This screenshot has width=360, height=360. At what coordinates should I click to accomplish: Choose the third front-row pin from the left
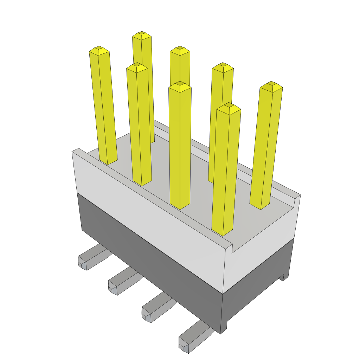180,148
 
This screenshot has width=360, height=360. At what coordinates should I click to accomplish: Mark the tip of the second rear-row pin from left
180,50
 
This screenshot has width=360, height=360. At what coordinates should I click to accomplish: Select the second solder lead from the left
122,283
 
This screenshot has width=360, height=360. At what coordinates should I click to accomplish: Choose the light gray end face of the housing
262,243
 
